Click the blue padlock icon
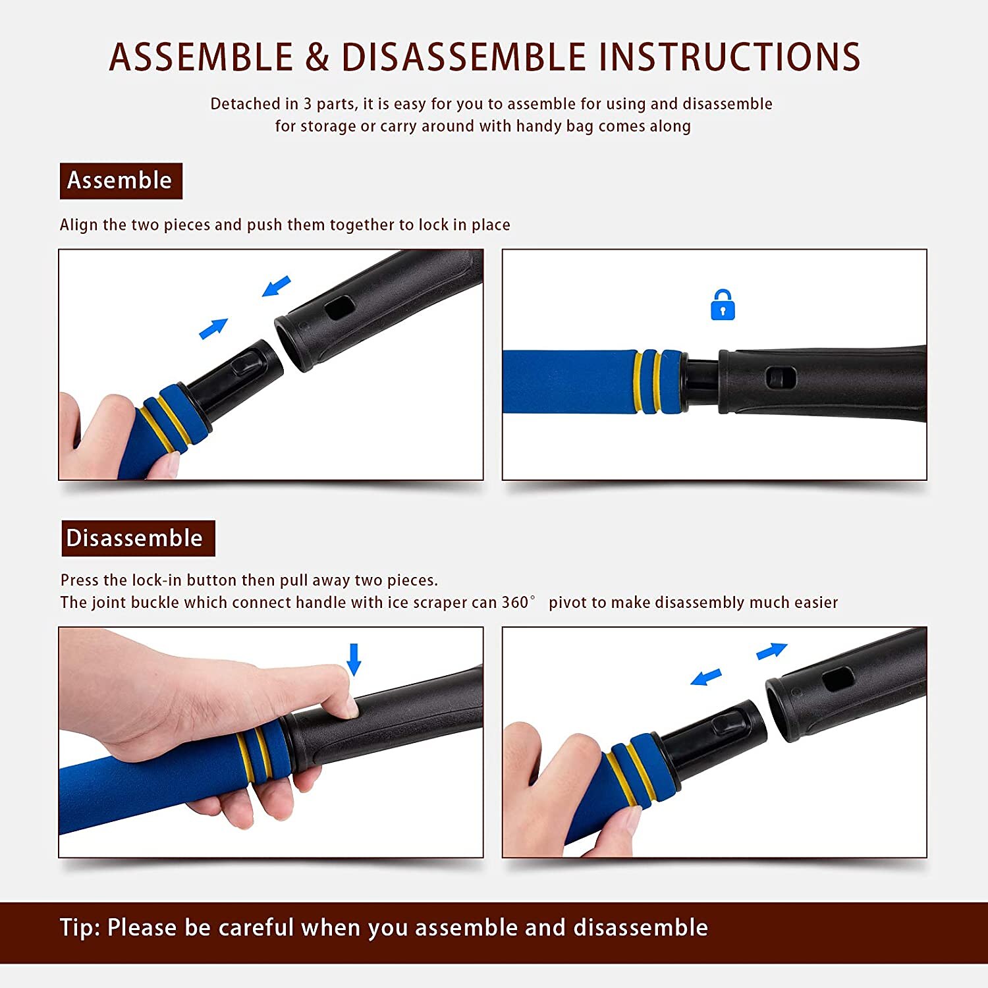click(x=723, y=305)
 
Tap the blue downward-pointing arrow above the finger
click(x=354, y=659)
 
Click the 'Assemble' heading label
click(x=121, y=180)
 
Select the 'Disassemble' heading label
click(x=138, y=538)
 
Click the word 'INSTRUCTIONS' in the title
click(x=729, y=57)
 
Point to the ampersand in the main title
click(x=317, y=57)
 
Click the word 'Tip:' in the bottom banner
click(x=80, y=927)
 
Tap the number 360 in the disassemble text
click(x=515, y=602)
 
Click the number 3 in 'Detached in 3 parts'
click(x=307, y=104)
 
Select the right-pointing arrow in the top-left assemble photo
click(x=213, y=328)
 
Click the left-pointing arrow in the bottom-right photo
click(x=706, y=676)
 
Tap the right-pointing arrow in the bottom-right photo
click(x=772, y=651)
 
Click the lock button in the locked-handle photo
click(x=781, y=378)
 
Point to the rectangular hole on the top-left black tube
click(x=340, y=308)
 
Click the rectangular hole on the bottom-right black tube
click(x=838, y=678)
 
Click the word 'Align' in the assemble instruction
click(x=78, y=225)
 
